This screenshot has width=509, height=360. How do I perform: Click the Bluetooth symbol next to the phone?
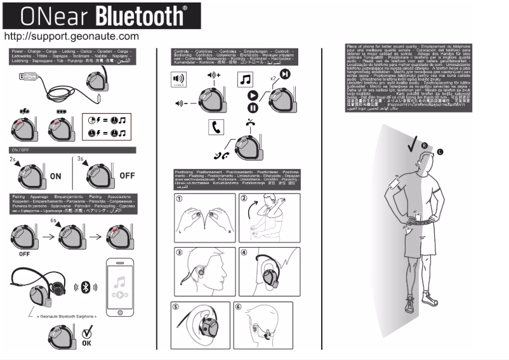pos(87,286)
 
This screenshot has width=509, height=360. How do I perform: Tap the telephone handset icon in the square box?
pos(215,127)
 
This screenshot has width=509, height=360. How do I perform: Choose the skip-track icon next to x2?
pos(286,75)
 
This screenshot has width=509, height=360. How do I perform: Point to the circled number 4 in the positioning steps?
pos(246,251)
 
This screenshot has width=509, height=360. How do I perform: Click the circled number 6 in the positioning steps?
pos(239,307)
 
